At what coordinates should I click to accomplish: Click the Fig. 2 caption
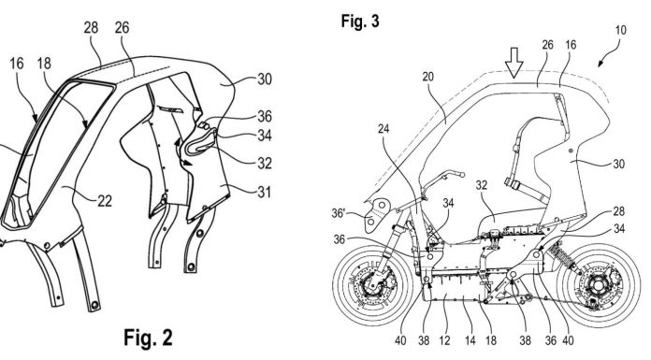tap(148, 338)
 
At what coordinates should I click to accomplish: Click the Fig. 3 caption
tap(360, 21)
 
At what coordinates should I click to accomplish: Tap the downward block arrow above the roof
tap(514, 63)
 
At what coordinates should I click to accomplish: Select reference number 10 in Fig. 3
tap(620, 30)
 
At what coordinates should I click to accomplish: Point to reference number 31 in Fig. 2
tap(264, 192)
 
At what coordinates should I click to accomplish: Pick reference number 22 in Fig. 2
tap(104, 201)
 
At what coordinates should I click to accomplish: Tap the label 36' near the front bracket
tap(339, 213)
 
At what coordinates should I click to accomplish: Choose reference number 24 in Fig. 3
tap(383, 129)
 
